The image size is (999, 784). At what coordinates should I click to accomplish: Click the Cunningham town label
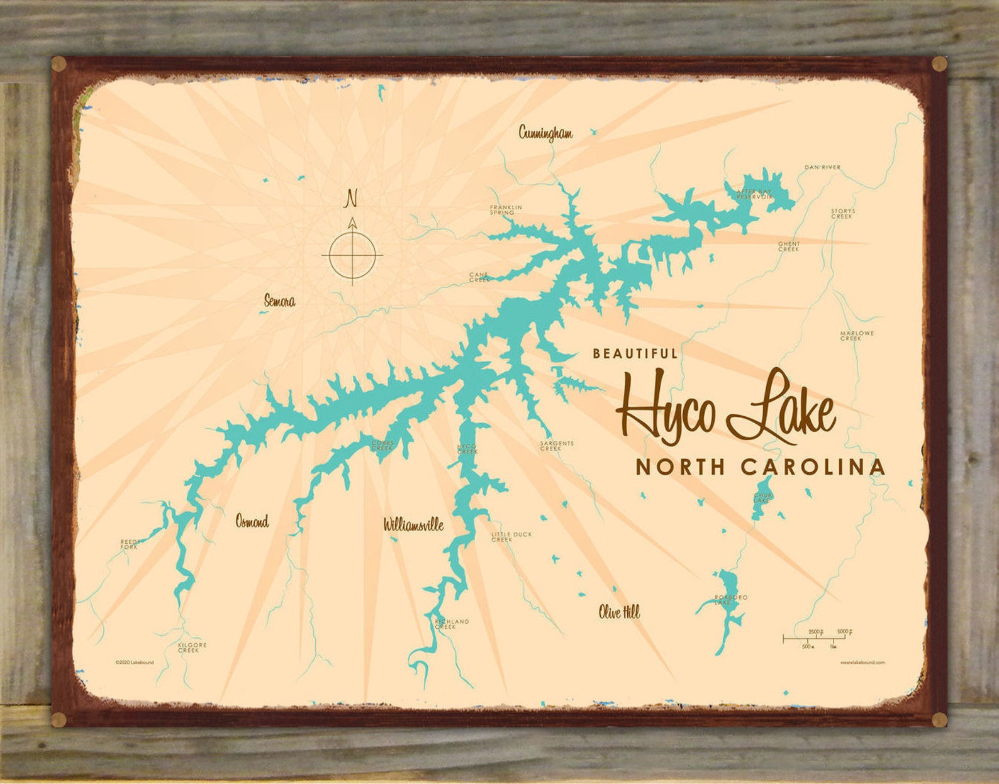[545, 133]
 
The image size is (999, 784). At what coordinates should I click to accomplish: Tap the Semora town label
[279, 301]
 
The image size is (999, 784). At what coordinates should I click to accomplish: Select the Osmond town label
[252, 521]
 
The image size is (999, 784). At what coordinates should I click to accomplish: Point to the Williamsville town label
[413, 524]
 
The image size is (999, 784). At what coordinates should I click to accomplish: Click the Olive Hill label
[619, 612]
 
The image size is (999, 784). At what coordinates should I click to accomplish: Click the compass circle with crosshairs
[352, 255]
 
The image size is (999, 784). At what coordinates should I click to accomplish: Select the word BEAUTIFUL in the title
[635, 353]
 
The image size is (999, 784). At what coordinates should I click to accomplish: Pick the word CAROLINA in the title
[813, 467]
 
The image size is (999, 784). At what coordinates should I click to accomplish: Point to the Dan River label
[822, 167]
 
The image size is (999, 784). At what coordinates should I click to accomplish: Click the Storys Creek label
[842, 214]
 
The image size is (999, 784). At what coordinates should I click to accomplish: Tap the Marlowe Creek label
[856, 336]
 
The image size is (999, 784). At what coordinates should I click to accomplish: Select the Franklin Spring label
[506, 210]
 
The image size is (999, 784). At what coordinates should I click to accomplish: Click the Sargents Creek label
[556, 446]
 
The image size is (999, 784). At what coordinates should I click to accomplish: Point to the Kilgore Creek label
[192, 647]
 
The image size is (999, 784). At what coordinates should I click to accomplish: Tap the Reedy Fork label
[131, 544]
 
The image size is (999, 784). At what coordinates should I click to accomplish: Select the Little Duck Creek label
[511, 536]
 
